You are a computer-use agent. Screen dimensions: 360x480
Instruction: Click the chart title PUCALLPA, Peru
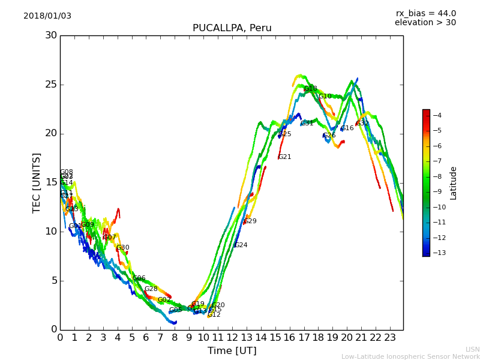[x=232, y=28]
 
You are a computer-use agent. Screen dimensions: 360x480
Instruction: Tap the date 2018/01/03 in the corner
[x=47, y=16]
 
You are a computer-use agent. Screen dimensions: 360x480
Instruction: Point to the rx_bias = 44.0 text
[x=425, y=14]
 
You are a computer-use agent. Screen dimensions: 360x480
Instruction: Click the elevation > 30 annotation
[x=425, y=23]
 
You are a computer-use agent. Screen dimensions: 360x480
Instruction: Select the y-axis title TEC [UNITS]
[x=37, y=182]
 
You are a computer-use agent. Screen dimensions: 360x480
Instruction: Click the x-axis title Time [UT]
[x=232, y=350]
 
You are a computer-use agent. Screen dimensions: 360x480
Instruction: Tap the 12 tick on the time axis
[x=232, y=338]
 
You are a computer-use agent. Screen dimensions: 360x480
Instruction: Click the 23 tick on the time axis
[x=390, y=338]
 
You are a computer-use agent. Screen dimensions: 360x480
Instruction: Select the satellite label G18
[x=310, y=89]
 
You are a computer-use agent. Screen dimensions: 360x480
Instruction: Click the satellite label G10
[x=325, y=97]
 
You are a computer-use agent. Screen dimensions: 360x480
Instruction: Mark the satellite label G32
[x=362, y=124]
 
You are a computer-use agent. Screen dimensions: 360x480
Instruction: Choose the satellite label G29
[x=250, y=221]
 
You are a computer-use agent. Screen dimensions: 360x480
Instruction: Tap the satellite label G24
[x=241, y=245]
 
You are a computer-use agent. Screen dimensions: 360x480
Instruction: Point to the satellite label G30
[x=122, y=248]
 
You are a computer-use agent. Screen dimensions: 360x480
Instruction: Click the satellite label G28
[x=151, y=289]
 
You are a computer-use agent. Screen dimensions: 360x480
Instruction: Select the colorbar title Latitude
[x=454, y=183]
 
